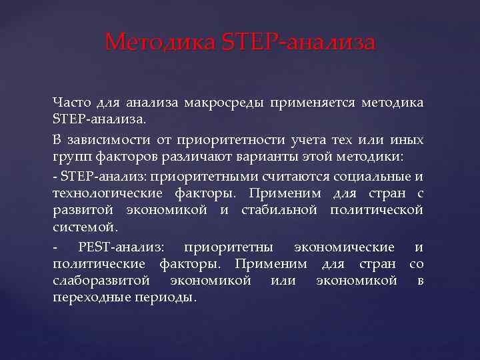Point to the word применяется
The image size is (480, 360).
pos(313,103)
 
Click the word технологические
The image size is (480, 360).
pos(107,193)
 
